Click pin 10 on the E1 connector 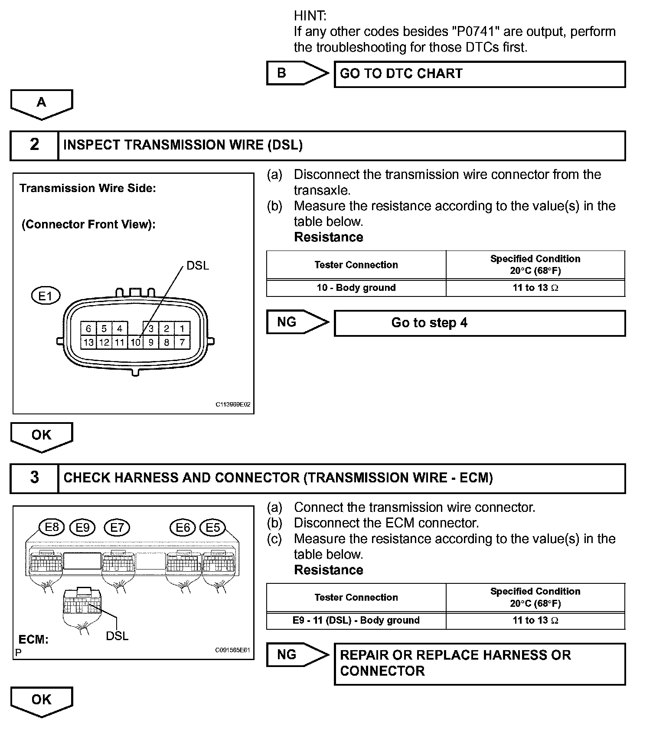click(135, 342)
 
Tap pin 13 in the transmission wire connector click(88, 342)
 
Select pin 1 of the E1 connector click(182, 329)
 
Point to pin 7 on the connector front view click(182, 342)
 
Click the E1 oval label click(46, 296)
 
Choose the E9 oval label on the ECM click(82, 527)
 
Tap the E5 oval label click(212, 527)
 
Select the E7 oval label click(117, 527)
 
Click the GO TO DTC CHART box click(480, 74)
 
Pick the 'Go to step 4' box click(480, 323)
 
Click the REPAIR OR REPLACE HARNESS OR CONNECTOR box click(480, 664)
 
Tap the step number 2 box click(34, 145)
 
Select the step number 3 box click(34, 478)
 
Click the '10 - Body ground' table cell click(356, 288)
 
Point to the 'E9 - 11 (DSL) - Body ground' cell click(356, 620)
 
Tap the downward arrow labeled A click(42, 104)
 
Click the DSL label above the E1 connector click(198, 265)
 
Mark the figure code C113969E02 click(233, 404)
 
